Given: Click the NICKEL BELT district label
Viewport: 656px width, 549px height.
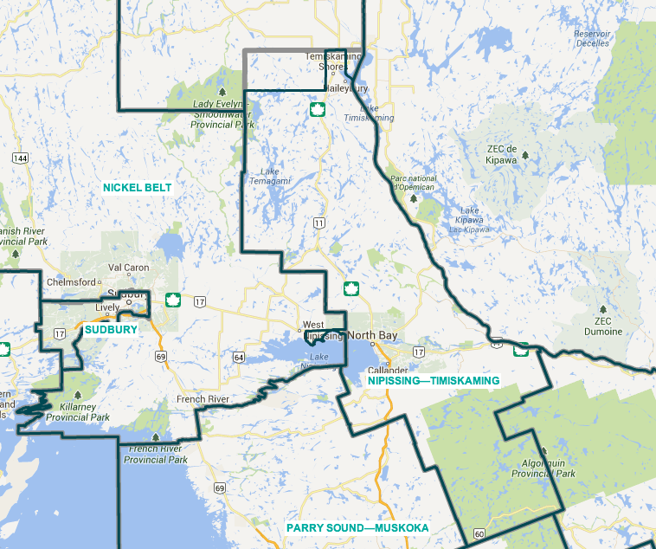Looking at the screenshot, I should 137,187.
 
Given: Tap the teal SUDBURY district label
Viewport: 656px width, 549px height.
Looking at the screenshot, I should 111,330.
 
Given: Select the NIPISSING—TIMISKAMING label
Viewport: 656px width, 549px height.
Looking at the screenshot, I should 434,380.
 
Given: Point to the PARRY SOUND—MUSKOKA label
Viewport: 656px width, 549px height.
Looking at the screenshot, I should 358,527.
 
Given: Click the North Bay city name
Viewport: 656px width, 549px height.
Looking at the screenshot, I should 374,335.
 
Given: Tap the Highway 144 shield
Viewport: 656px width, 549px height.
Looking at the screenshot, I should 21,158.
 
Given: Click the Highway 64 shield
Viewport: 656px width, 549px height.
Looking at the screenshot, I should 236,356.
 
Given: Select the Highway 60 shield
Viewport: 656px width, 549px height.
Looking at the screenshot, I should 479,534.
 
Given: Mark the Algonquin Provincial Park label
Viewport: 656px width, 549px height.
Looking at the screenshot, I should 543,468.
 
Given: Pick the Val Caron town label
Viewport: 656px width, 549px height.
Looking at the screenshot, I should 128,268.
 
